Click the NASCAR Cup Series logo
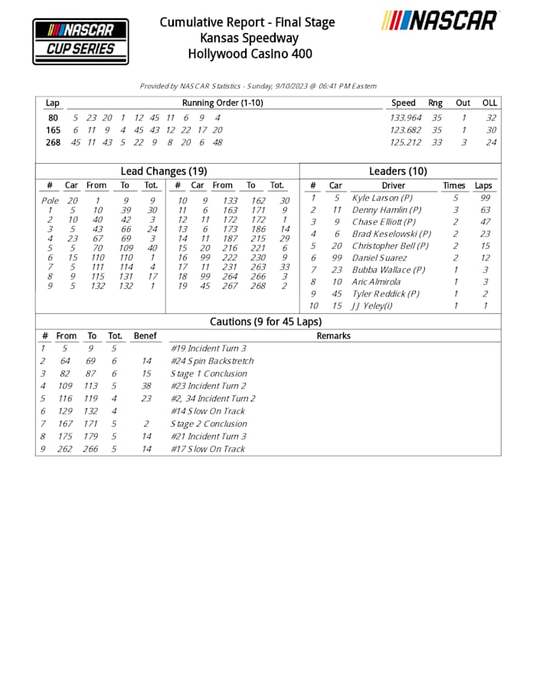pos(80,41)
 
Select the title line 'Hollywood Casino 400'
pos(247,54)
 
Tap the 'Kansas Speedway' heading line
pos(247,38)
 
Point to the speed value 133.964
pos(406,118)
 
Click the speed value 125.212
pos(406,142)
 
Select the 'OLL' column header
pos(489,103)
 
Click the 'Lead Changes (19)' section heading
pos(163,172)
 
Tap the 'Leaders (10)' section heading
pos(397,172)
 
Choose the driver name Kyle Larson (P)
pos(381,198)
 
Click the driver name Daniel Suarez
pos(379,258)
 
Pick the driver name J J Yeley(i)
pos(376,306)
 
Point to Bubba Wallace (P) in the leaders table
pos(388,270)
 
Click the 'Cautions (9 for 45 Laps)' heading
pos(266,322)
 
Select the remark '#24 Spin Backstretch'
pos(211,361)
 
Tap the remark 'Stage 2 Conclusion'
pos(208,424)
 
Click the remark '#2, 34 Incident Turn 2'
pos(213,398)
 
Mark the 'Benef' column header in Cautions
pos(145,336)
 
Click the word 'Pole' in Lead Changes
pos(49,201)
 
